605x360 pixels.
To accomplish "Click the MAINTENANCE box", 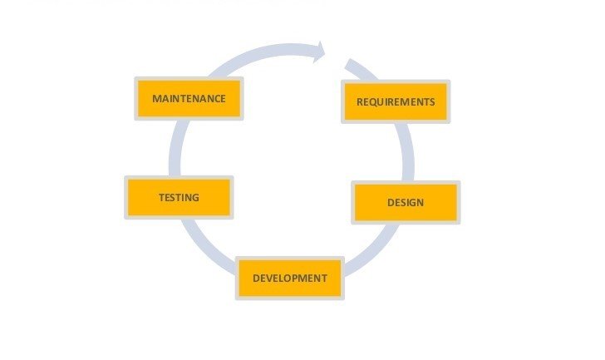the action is point(189,99).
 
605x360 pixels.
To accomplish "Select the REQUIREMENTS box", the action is point(395,102).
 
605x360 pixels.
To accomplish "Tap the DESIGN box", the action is point(406,203).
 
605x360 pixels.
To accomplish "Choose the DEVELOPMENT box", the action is point(290,279).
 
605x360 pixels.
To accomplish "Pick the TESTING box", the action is point(179,198).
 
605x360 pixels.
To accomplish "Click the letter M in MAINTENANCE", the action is point(157,99).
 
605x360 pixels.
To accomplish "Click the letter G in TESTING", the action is point(195,198).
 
